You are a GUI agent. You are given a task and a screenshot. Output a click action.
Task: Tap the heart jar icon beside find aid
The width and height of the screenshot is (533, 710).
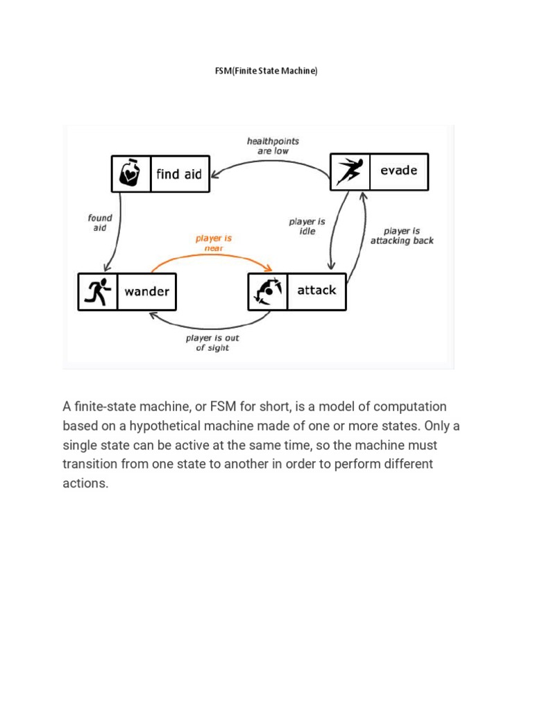tap(130, 173)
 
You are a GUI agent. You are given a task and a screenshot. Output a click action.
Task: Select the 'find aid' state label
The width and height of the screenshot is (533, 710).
tap(179, 174)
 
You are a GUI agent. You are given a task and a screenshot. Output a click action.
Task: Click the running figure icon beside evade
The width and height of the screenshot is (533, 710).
tap(349, 171)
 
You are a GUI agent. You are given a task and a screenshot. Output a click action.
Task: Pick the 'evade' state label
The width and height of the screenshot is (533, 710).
tap(399, 171)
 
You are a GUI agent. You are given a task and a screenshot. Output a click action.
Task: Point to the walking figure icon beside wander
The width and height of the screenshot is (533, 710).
tap(97, 291)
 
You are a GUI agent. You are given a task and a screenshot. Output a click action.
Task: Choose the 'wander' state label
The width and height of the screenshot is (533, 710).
tap(146, 291)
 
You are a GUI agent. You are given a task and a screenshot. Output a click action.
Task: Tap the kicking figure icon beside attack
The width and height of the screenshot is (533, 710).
tap(267, 291)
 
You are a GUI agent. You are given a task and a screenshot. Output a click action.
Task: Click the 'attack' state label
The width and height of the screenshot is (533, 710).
tap(316, 291)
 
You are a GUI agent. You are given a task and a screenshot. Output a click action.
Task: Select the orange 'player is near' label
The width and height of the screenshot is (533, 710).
tap(213, 243)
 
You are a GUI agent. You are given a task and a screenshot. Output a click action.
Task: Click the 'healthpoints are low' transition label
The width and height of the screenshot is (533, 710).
tap(268, 146)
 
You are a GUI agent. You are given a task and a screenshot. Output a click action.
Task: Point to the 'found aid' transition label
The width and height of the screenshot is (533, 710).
tap(100, 222)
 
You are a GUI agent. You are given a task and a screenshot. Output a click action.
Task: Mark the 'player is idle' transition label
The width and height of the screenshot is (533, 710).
tap(307, 226)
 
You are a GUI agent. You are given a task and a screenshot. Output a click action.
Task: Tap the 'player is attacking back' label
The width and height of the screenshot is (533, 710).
tap(402, 236)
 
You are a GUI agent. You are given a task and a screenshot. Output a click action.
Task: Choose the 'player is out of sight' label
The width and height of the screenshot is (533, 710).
tap(212, 343)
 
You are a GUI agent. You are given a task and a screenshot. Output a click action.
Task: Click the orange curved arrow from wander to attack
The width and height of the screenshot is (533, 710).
tap(208, 254)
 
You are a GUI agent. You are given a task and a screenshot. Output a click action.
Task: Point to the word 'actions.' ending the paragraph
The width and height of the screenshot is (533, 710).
tap(86, 483)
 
